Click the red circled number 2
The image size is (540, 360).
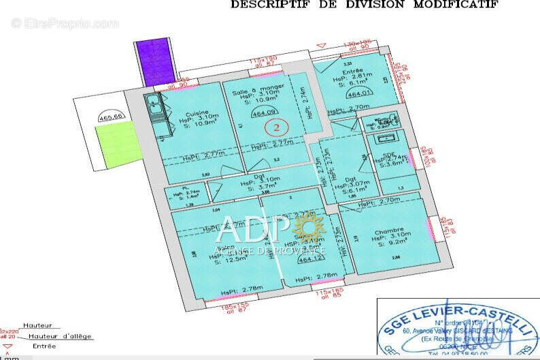coord(276,126)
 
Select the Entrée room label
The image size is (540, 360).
coord(349,71)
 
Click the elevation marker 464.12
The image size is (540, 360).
coord(310,259)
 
